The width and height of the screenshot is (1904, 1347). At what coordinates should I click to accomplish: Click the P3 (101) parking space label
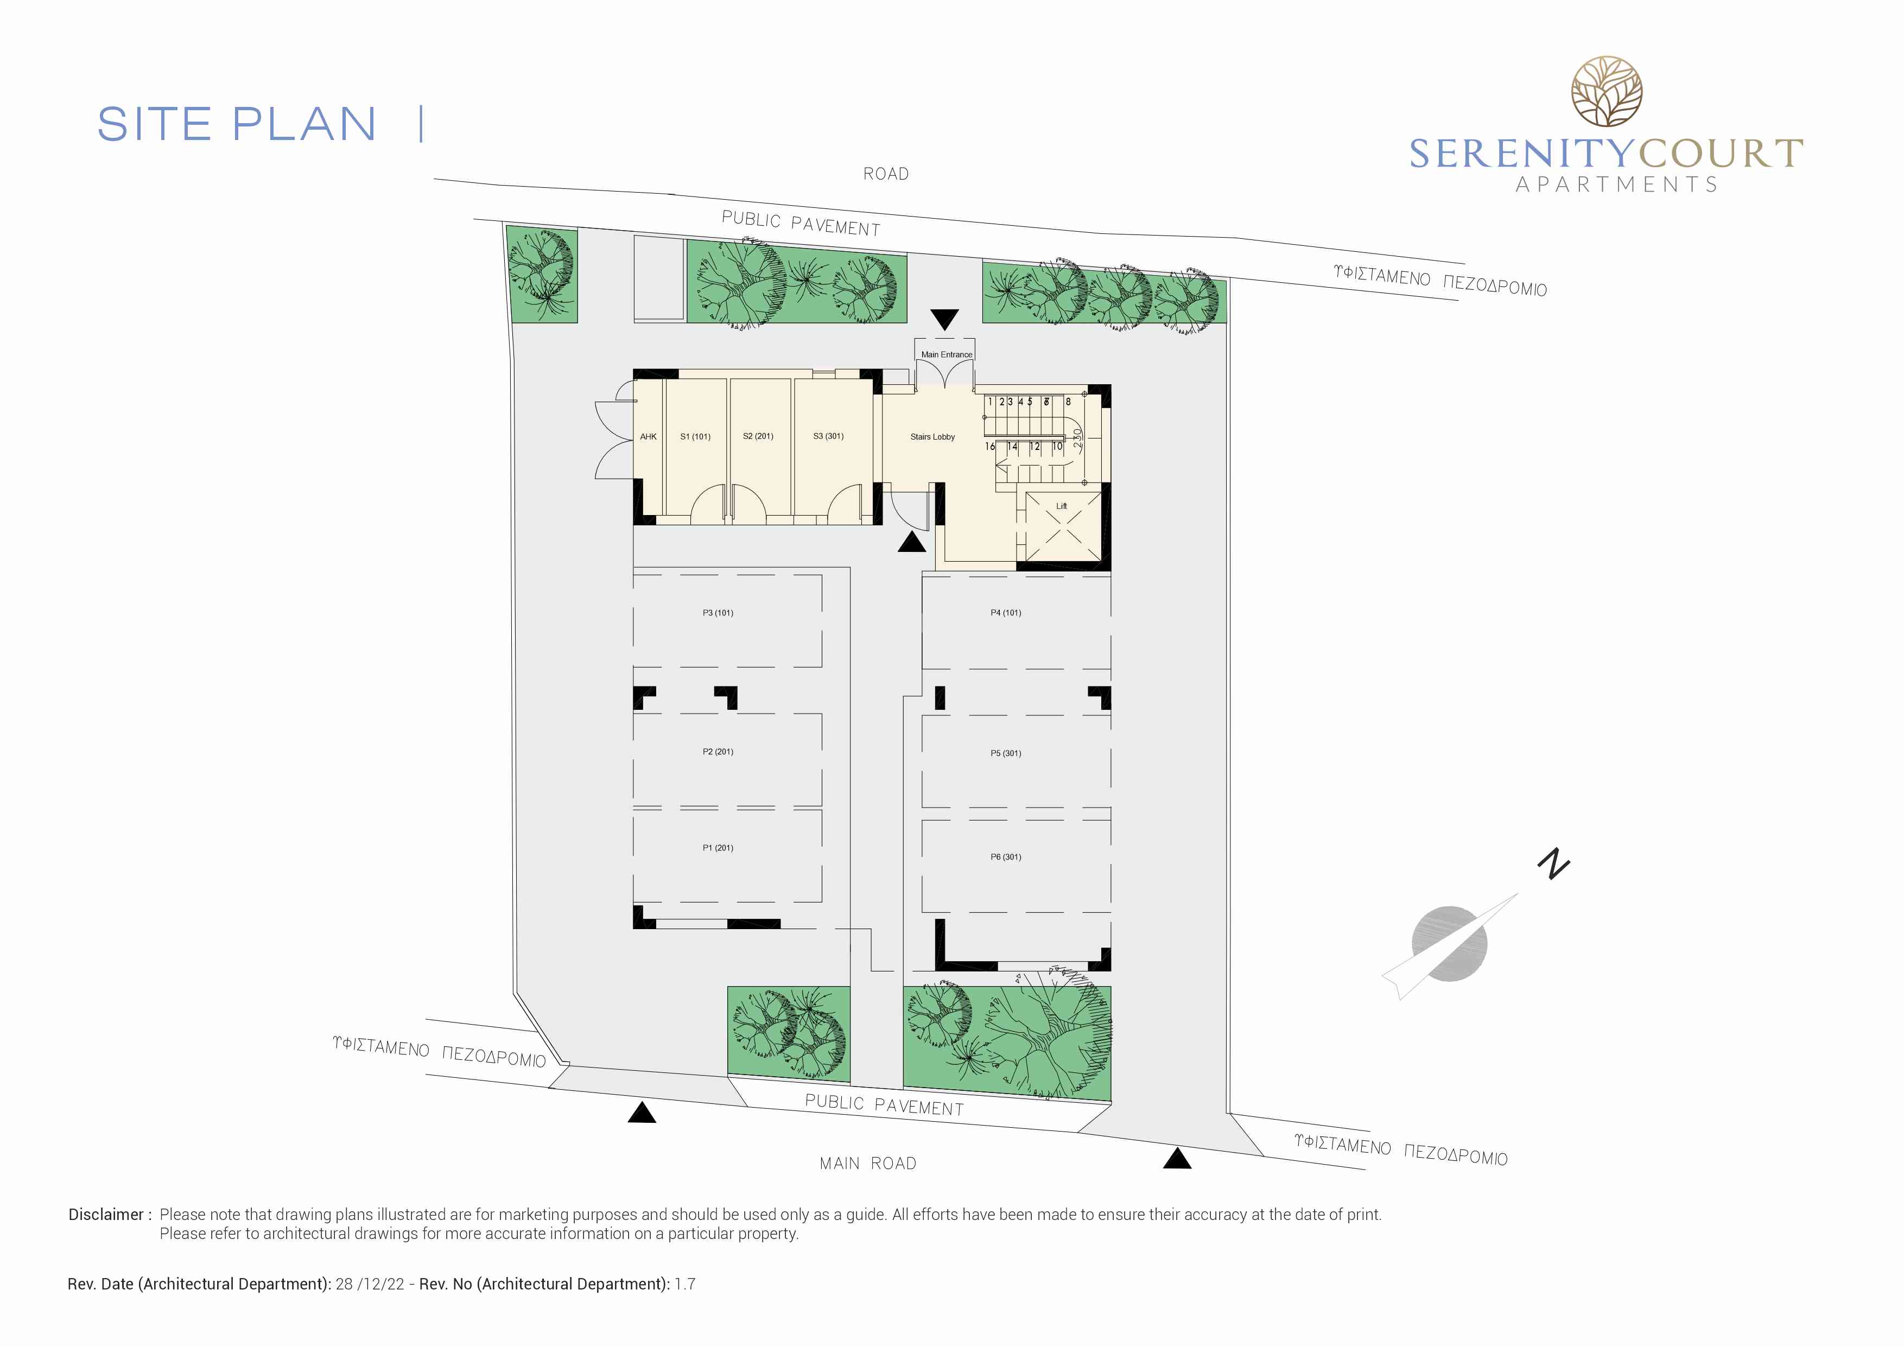click(x=718, y=613)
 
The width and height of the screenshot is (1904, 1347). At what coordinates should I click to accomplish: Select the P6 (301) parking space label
click(x=1005, y=857)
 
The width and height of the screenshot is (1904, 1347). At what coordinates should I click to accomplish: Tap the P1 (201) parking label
click(x=718, y=848)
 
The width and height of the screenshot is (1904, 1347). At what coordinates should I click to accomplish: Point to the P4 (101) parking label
click(x=1005, y=613)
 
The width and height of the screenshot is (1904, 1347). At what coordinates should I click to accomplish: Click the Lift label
click(x=1062, y=506)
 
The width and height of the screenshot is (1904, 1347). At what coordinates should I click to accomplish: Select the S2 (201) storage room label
click(x=758, y=436)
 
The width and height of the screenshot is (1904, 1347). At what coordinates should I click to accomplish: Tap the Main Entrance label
click(x=946, y=354)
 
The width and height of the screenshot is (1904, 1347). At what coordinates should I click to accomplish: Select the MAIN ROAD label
click(x=868, y=1164)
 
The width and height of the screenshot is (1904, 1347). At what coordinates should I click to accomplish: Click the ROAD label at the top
click(x=886, y=174)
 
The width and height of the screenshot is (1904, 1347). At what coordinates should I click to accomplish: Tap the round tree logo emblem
click(x=1606, y=91)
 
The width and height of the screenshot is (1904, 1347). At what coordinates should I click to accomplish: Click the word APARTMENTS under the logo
click(x=1616, y=184)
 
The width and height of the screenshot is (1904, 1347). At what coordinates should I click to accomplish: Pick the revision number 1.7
click(x=685, y=1284)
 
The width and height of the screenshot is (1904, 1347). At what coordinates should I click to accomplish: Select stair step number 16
click(x=989, y=446)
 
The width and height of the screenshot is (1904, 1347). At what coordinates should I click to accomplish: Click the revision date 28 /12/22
click(x=370, y=1284)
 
